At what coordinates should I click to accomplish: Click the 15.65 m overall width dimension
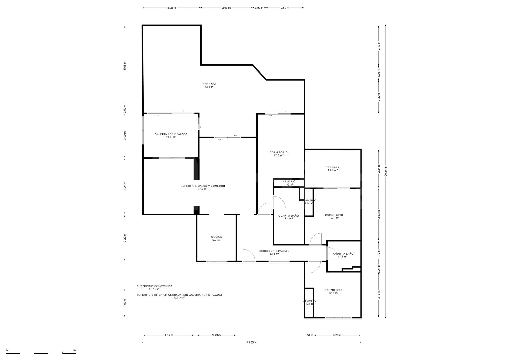point(251,342)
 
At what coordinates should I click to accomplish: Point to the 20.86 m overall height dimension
point(386,171)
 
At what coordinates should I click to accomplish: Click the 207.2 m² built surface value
point(154,289)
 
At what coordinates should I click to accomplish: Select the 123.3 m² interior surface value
point(179,298)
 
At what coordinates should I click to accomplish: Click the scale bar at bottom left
point(41,353)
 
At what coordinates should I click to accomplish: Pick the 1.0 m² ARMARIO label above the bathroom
point(289,183)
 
